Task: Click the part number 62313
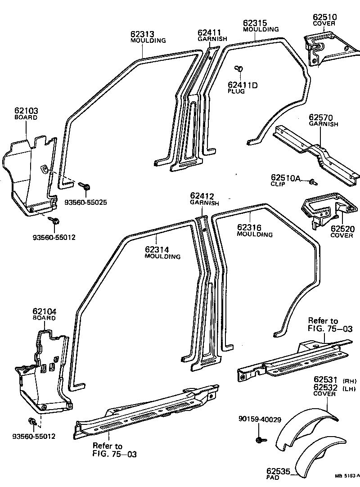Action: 142,34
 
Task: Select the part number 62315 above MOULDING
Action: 255,23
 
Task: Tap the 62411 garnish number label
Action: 209,32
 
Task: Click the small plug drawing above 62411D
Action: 239,68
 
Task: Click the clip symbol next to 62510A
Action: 312,182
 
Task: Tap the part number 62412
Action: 202,196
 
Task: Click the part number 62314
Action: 157,250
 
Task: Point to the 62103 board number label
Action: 26,111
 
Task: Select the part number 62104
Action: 44,311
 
